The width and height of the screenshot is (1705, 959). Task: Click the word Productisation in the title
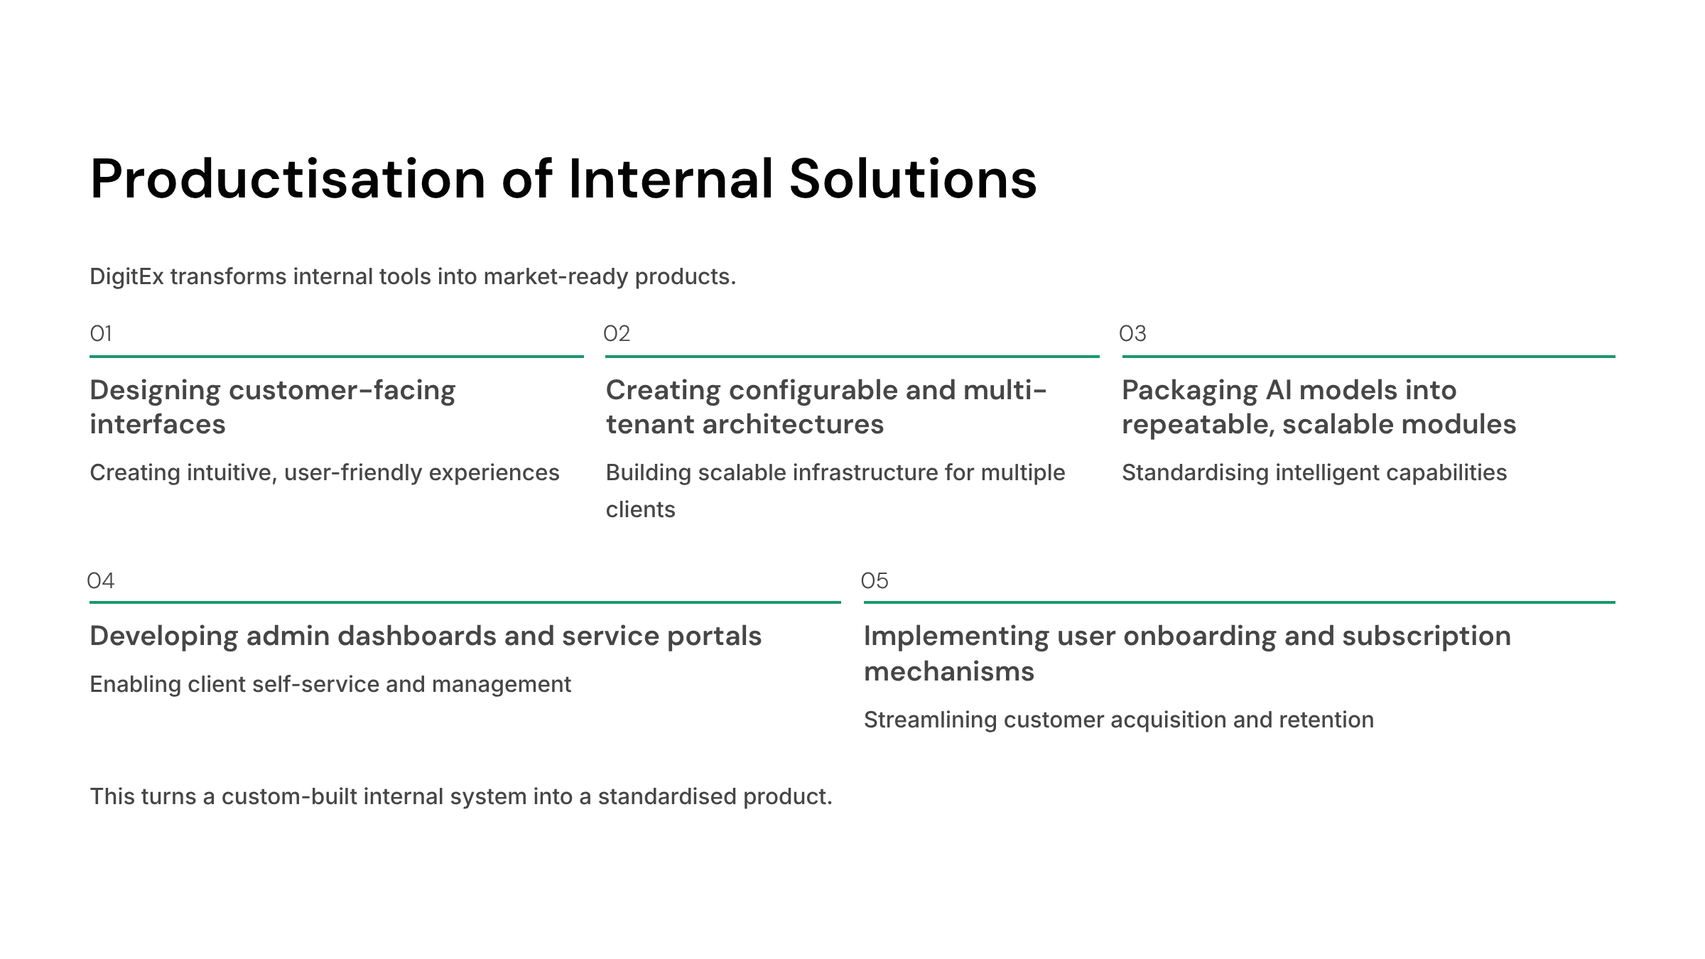[288, 180]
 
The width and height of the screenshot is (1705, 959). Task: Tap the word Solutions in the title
[913, 179]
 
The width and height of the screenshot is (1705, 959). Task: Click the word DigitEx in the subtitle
[127, 276]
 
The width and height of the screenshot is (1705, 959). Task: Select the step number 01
[101, 333]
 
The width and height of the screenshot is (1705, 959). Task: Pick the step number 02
[617, 333]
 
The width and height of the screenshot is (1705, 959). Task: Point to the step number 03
[1132, 333]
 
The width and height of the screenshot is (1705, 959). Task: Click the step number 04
[101, 580]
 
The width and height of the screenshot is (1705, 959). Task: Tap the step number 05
[875, 580]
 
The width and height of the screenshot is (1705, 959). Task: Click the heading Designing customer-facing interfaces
[273, 407]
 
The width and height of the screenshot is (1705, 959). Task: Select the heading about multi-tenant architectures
[826, 407]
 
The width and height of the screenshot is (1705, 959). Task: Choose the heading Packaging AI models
[1319, 407]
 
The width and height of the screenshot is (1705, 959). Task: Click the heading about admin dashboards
[426, 636]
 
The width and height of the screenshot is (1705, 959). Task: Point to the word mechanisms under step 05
[949, 671]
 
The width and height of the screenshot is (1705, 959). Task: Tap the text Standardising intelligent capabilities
[1314, 473]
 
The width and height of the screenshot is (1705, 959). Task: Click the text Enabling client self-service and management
[330, 684]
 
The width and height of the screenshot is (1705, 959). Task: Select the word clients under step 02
[641, 509]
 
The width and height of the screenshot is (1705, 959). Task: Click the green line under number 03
[1369, 357]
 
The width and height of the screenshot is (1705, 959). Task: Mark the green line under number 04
[465, 602]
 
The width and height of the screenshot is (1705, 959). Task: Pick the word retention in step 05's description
[1326, 720]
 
